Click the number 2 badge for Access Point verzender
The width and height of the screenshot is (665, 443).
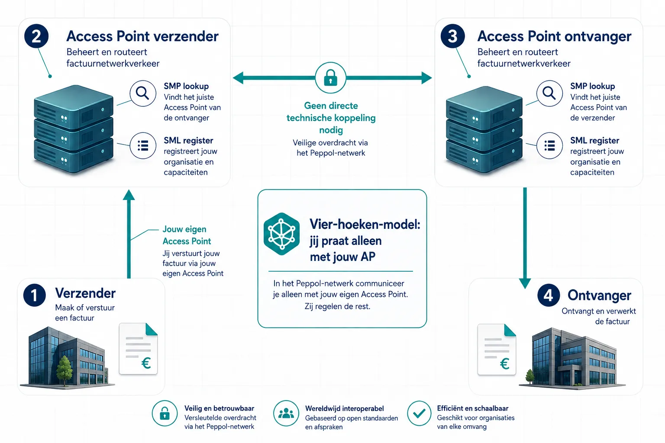[36, 36]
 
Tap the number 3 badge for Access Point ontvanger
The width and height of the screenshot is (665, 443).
[452, 36]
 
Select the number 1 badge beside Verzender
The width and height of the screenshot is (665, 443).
[35, 295]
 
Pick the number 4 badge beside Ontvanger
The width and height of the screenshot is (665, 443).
[549, 295]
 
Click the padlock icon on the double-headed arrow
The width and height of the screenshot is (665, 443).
[330, 78]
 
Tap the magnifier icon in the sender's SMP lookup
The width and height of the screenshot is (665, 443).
[143, 93]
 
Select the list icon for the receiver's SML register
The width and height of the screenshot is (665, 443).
[549, 145]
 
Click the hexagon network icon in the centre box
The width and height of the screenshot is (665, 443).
[281, 234]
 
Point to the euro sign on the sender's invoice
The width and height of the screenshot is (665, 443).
[146, 363]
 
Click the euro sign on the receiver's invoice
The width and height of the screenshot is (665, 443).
[505, 363]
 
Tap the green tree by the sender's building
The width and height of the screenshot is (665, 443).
[64, 370]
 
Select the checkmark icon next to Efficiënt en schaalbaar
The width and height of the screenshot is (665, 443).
[419, 413]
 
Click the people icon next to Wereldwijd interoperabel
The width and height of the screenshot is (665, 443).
[286, 413]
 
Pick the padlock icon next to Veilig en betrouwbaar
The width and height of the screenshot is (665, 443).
[165, 413]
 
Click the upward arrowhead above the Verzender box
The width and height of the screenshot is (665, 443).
[129, 195]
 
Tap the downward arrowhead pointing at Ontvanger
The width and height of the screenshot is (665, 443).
[525, 284]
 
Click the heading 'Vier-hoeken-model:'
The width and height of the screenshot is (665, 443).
[365, 225]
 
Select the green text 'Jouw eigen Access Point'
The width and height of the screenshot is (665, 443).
[187, 235]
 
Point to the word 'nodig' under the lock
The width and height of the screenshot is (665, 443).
[331, 130]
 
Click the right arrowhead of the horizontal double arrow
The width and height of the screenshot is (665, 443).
[426, 78]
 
